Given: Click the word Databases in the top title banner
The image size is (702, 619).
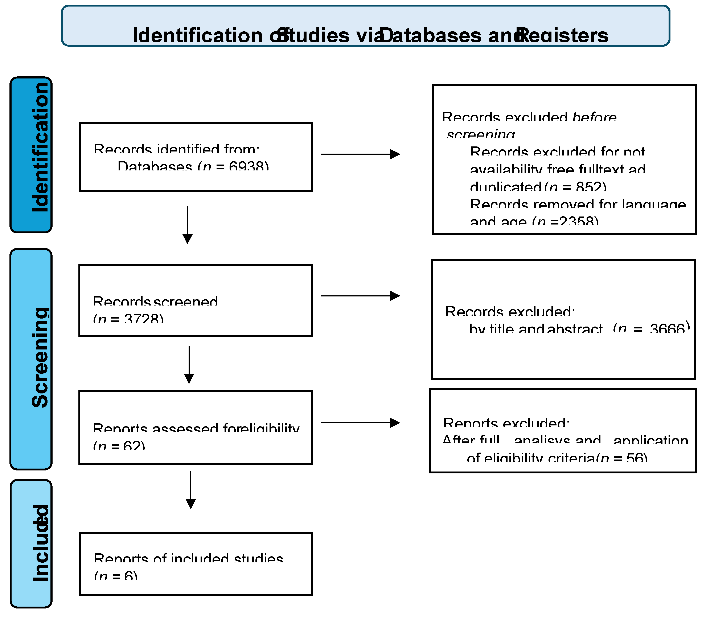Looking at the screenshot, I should tap(431, 35).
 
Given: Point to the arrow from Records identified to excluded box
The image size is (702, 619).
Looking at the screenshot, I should tap(360, 154).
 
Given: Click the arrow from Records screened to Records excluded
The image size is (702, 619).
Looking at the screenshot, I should tap(360, 296).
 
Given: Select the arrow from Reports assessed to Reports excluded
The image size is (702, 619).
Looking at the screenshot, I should tap(360, 423).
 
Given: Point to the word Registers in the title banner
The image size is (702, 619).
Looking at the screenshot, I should tap(563, 35).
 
